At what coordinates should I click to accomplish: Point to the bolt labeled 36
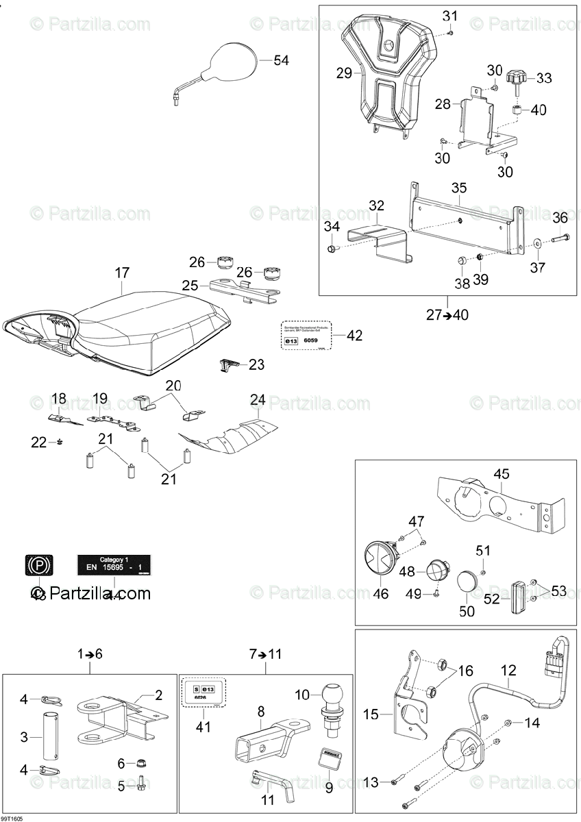558,240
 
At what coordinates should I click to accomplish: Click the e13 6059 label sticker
306,336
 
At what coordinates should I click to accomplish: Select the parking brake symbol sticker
38,565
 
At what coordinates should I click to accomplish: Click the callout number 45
502,473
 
